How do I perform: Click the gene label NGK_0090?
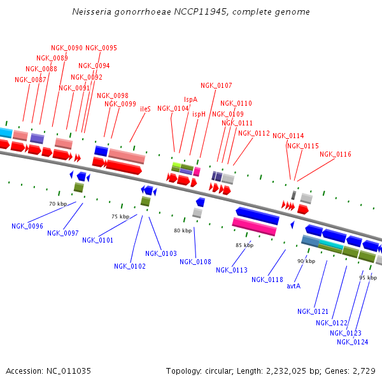[67, 48]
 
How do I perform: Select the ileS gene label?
[145, 109]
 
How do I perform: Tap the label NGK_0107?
[216, 85]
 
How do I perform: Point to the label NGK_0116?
[336, 154]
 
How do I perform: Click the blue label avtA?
[294, 286]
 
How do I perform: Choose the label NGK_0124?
[353, 342]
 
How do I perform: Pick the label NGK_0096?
[27, 226]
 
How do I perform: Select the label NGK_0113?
[232, 270]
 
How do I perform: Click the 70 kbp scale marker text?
[58, 204]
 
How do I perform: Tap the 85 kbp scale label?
[244, 244]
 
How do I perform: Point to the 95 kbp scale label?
[368, 278]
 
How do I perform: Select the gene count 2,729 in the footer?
[364, 371]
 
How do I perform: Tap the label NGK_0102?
[130, 266]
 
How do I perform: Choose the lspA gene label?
[191, 99]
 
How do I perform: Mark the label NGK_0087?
[30, 80]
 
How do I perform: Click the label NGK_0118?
[267, 279]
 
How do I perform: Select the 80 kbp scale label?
[183, 230]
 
